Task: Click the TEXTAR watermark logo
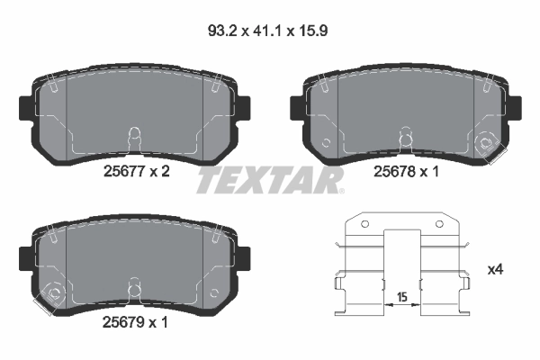click(x=269, y=181)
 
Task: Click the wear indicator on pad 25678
click(x=488, y=141)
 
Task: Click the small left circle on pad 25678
click(x=327, y=142)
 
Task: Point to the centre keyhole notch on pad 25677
click(x=132, y=135)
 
